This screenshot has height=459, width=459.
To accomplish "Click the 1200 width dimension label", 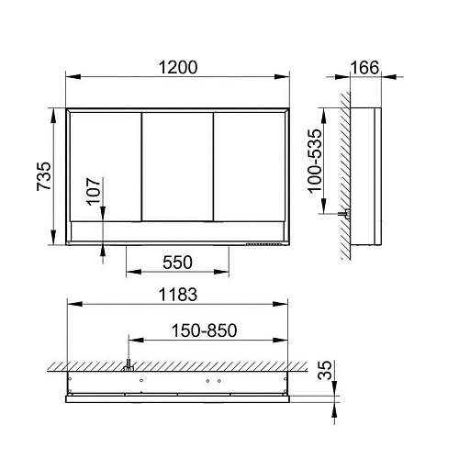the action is (178, 68).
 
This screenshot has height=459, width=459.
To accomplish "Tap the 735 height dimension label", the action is (44, 176).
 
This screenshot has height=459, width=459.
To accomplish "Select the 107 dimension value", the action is (94, 192).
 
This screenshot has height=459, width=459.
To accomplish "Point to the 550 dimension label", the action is (177, 263).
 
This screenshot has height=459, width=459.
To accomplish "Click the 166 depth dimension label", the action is (364, 68).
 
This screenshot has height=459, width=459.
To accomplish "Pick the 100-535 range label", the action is (315, 161).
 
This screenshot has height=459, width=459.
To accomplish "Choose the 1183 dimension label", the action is (178, 295).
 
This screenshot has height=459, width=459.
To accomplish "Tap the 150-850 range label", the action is (204, 330).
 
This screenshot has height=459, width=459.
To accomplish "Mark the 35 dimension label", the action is (325, 370).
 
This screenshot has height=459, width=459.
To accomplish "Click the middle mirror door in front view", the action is (177, 167).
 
